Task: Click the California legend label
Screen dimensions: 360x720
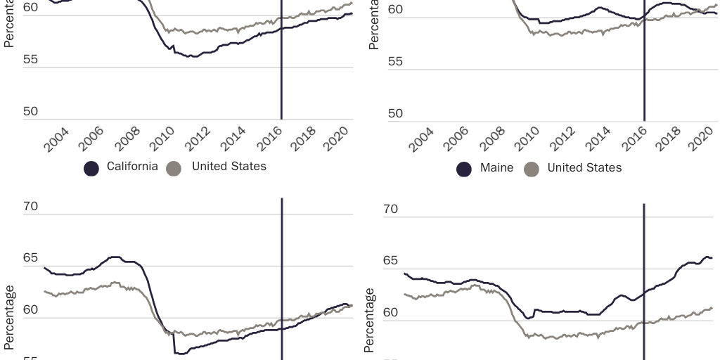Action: point(132,167)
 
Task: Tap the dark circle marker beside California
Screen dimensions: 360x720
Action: point(91,168)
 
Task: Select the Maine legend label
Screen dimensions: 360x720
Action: point(496,168)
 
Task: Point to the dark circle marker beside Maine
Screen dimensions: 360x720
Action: point(464,169)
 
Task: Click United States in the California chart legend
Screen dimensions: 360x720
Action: point(229,167)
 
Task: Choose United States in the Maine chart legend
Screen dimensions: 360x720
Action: point(584,168)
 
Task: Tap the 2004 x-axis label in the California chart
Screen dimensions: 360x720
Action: point(56,140)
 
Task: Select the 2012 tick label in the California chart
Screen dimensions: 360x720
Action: point(198,140)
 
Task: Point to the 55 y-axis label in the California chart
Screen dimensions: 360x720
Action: point(30,61)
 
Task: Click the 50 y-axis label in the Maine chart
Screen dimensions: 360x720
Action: point(395,114)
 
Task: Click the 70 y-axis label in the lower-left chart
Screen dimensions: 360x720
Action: point(30,207)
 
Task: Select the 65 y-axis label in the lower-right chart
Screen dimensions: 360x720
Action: point(390,261)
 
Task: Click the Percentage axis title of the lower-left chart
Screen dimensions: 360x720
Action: point(9,318)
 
